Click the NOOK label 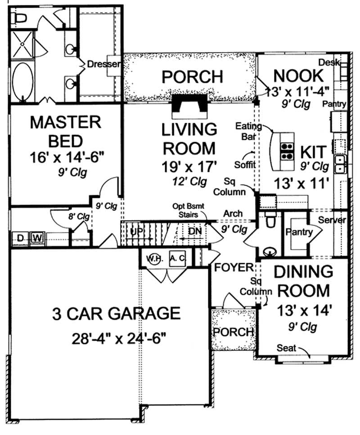298,74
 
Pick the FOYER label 234,267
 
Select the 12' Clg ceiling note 189,182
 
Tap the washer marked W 37,238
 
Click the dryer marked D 20,238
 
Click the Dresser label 104,64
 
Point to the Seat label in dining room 286,348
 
